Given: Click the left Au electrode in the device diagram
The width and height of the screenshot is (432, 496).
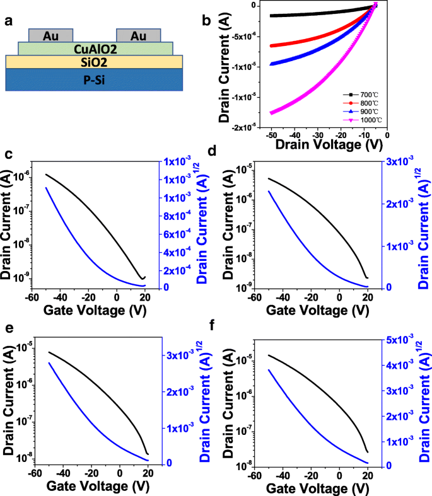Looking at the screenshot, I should pos(52,36).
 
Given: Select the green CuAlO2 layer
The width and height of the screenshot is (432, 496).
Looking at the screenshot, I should pos(95,49).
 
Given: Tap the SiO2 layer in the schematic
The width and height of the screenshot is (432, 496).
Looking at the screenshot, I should pos(95,61).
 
